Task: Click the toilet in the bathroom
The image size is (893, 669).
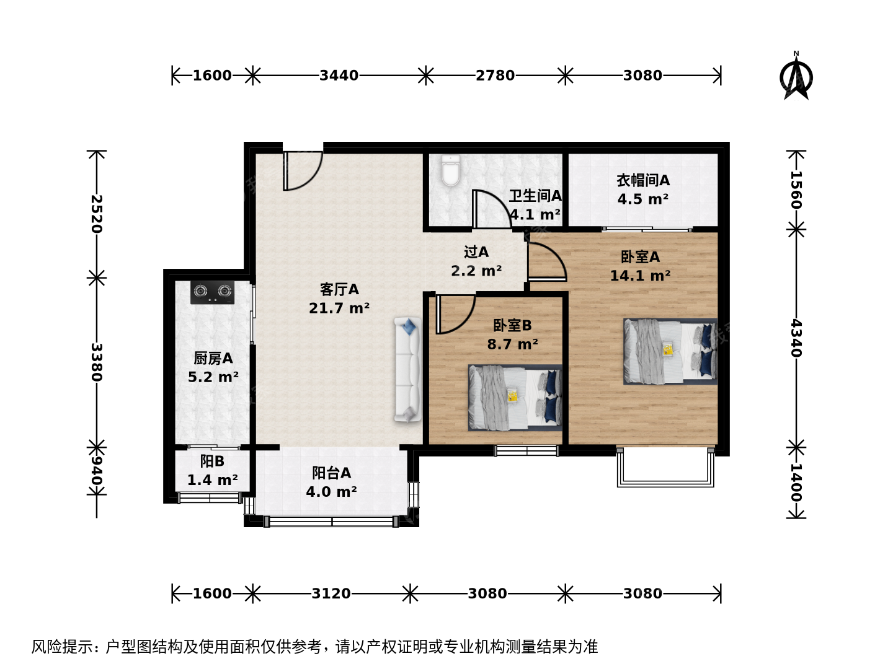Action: click(451, 170)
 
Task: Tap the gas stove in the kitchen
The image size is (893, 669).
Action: click(212, 292)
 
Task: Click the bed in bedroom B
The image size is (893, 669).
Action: click(515, 398)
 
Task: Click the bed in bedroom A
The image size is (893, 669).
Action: click(670, 351)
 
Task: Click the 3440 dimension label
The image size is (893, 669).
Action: click(339, 76)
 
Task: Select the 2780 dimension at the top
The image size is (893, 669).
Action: click(495, 76)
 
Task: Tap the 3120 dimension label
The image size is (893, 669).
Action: click(331, 593)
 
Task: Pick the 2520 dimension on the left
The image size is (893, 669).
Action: click(96, 214)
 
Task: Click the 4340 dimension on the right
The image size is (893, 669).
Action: click(796, 338)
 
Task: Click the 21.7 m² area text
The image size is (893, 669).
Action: click(339, 308)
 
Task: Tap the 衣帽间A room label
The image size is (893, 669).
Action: click(643, 180)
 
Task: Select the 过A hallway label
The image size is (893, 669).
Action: click(476, 252)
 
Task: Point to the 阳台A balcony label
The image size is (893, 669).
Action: click(331, 473)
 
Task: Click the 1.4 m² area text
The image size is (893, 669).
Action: click(212, 480)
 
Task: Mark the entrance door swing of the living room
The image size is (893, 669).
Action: click(303, 171)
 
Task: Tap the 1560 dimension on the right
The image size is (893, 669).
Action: click(796, 190)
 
